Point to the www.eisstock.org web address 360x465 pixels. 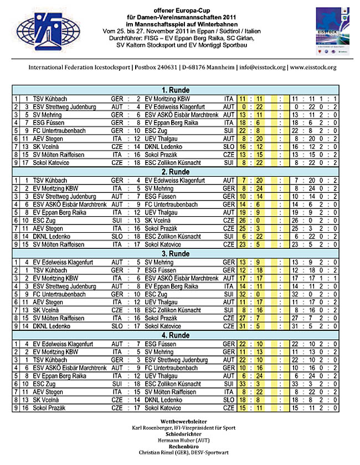[312, 68]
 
